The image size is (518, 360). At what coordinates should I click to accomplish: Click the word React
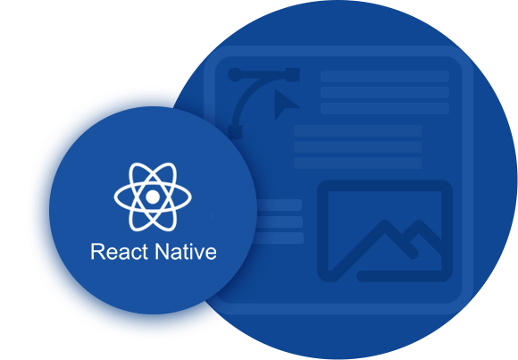[x=119, y=252]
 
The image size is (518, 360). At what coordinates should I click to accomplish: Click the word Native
[x=186, y=252]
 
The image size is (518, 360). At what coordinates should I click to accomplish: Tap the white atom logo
[x=153, y=197]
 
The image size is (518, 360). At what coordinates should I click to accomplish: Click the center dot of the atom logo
[x=153, y=197]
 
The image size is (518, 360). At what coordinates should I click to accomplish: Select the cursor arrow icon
[x=285, y=105]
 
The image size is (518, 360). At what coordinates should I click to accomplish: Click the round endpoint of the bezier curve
[x=235, y=75]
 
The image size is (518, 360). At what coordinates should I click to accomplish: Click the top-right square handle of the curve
[x=293, y=75]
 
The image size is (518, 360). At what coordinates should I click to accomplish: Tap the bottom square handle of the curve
[x=235, y=132]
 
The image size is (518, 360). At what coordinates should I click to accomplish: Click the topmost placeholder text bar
[x=385, y=76]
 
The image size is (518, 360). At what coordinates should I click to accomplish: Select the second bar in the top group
[x=385, y=93]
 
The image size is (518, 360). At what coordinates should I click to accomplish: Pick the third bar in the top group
[x=385, y=108]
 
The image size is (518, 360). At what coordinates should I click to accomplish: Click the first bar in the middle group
[x=358, y=131]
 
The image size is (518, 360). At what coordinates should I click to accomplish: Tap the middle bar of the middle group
[x=358, y=147]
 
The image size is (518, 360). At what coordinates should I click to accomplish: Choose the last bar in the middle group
[x=358, y=163]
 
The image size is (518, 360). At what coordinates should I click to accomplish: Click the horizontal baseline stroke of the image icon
[x=400, y=276]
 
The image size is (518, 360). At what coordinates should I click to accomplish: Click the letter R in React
[x=96, y=252]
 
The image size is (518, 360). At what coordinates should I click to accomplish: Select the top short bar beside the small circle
[x=280, y=205]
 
